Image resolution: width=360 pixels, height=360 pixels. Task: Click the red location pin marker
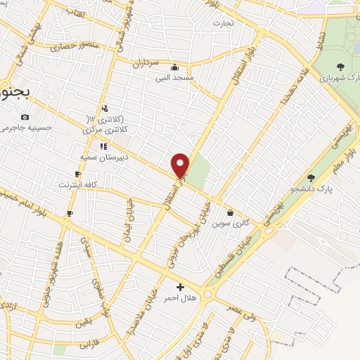[x=181, y=165]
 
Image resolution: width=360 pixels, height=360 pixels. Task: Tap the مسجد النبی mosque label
[x=174, y=77]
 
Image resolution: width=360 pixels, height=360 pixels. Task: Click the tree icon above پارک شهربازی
[x=340, y=67]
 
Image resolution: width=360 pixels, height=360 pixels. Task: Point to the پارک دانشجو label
[x=310, y=188]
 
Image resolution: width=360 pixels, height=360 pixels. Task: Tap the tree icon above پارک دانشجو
[x=311, y=178]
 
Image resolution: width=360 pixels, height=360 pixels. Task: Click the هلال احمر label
[x=180, y=297]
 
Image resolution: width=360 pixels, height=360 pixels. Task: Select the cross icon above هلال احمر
[x=180, y=287]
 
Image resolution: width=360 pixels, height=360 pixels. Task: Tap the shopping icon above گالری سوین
[x=230, y=212]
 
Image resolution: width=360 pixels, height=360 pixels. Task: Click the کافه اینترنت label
[x=77, y=184]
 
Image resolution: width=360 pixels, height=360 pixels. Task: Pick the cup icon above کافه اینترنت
[x=77, y=174]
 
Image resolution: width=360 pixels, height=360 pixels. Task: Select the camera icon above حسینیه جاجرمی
[x=25, y=117]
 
